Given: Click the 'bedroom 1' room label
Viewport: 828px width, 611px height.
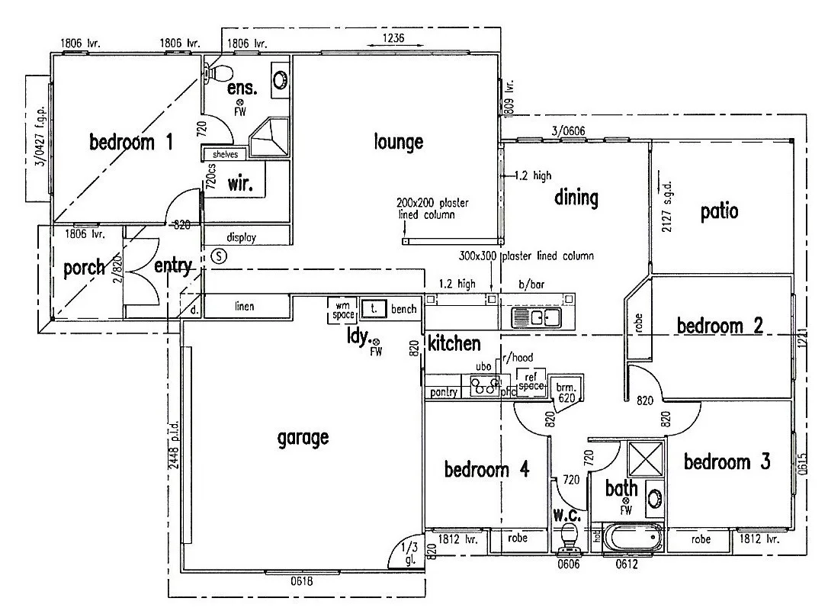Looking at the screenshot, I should pyautogui.click(x=131, y=142).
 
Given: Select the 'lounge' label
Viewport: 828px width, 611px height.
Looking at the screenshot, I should pyautogui.click(x=398, y=141).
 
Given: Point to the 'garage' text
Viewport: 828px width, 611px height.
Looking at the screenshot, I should pyautogui.click(x=303, y=437).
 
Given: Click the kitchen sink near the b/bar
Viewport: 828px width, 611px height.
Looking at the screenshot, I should pyautogui.click(x=532, y=317).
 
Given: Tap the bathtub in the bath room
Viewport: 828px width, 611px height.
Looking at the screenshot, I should pyautogui.click(x=633, y=539).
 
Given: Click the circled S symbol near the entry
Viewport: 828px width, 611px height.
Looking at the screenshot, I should pyautogui.click(x=219, y=256).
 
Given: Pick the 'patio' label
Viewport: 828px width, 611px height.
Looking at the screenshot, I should pyautogui.click(x=719, y=211).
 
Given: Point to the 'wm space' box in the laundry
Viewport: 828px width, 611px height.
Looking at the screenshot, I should pyautogui.click(x=341, y=309).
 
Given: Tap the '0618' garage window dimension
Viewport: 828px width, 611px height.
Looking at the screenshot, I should pyautogui.click(x=302, y=581).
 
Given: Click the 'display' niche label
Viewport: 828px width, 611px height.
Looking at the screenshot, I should pyautogui.click(x=242, y=237).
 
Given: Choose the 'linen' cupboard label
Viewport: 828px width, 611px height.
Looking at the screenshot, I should pyautogui.click(x=245, y=307).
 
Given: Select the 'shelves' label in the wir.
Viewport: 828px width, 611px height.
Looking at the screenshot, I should pyautogui.click(x=225, y=154).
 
